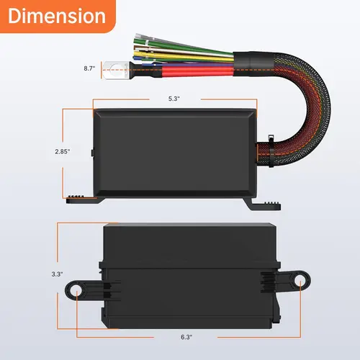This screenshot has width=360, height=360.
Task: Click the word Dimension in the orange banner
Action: click(58, 16)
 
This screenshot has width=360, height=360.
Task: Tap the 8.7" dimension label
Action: click(89, 68)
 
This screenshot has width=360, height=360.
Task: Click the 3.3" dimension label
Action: click(58, 274)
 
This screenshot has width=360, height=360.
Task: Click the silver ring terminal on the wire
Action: click(114, 71)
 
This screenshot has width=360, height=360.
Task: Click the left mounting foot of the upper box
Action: click(81, 199)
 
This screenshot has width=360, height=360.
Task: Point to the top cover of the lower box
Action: click(187, 245)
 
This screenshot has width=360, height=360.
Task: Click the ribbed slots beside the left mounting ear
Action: click(106, 290)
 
